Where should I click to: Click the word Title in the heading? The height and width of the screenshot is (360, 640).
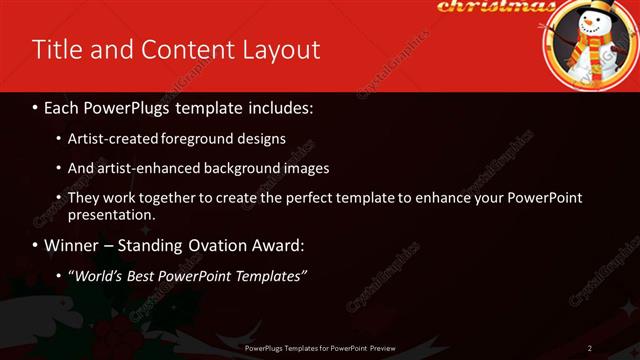point(56,49)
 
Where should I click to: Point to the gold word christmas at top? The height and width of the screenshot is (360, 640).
point(495,7)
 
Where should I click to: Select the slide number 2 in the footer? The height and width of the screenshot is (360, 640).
point(590,348)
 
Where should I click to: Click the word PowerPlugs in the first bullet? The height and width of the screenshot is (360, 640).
point(127,107)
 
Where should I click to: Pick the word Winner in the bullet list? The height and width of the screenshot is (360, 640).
point(73,245)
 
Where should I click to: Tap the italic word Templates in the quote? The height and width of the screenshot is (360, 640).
point(267,275)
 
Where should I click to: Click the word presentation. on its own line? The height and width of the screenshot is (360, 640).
point(111,214)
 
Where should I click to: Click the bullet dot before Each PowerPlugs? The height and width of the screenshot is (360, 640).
point(36,107)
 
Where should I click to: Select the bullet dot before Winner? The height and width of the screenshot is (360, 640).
point(36,245)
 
